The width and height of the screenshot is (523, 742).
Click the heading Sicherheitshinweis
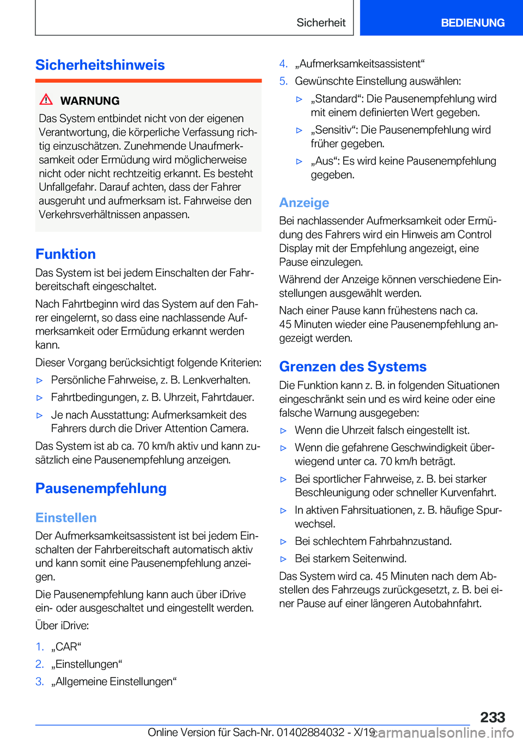click(100, 65)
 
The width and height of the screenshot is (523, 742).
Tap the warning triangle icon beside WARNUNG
click(46, 100)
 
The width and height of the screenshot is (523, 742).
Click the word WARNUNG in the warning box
click(90, 101)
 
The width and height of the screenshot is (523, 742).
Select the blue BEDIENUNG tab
click(472, 22)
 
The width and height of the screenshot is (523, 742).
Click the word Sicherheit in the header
click(321, 22)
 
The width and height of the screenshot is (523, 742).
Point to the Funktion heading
click(65, 254)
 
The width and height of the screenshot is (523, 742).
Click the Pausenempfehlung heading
click(101, 488)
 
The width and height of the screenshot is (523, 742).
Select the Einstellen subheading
click(66, 518)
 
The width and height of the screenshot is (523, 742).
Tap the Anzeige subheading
click(304, 203)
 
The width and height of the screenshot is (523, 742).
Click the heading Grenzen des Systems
click(352, 367)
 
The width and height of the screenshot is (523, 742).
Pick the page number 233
click(492, 717)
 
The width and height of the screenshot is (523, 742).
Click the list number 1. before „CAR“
click(39, 647)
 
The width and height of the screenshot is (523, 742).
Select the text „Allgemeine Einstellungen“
click(114, 682)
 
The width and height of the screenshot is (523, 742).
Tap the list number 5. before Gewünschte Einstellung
click(283, 81)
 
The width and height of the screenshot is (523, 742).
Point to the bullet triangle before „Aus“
click(299, 161)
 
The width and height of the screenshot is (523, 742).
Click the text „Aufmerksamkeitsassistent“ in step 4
click(360, 64)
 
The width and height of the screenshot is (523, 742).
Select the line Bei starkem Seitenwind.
click(350, 558)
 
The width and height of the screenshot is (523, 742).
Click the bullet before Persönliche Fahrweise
click(39, 380)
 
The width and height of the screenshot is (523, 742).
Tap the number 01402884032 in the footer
click(311, 732)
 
